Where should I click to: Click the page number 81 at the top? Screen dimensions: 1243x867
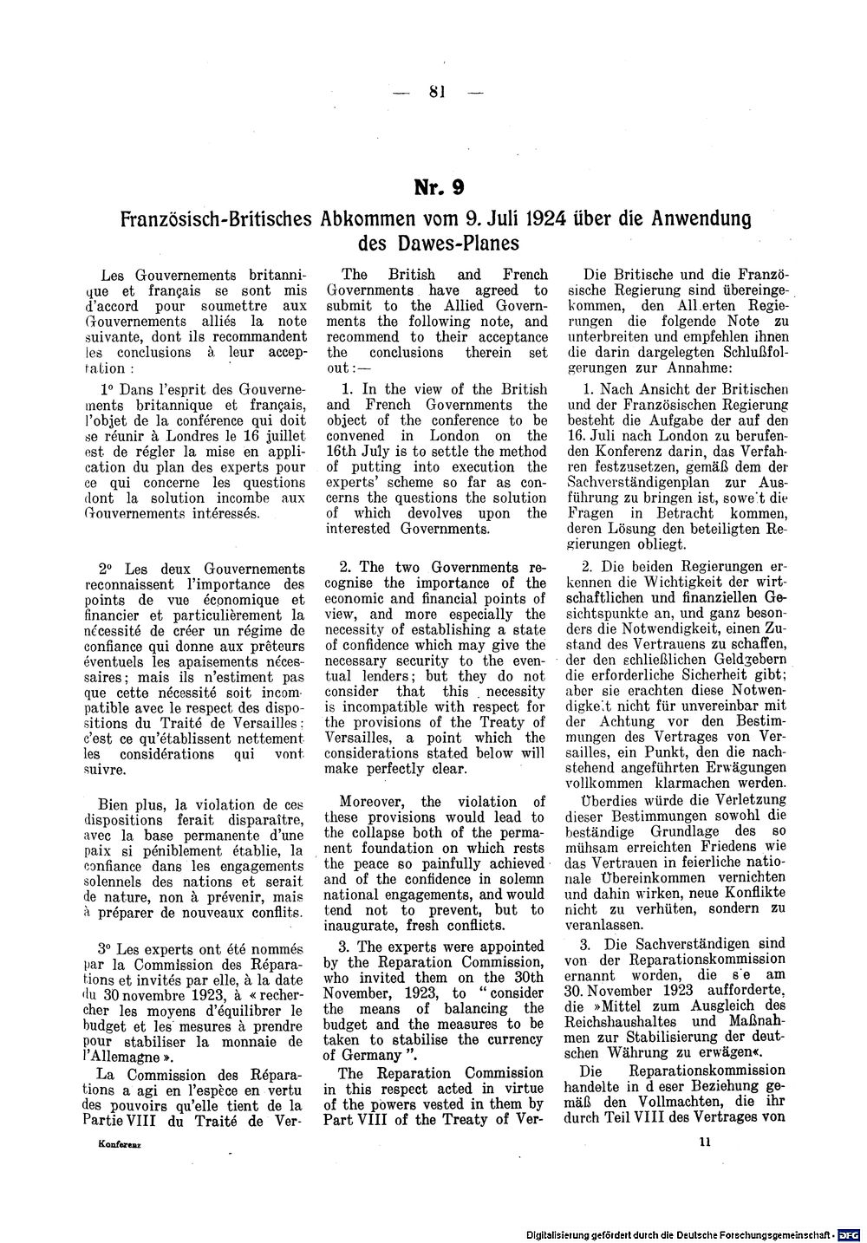click(436, 93)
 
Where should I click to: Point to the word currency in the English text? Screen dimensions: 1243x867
click(513, 1039)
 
